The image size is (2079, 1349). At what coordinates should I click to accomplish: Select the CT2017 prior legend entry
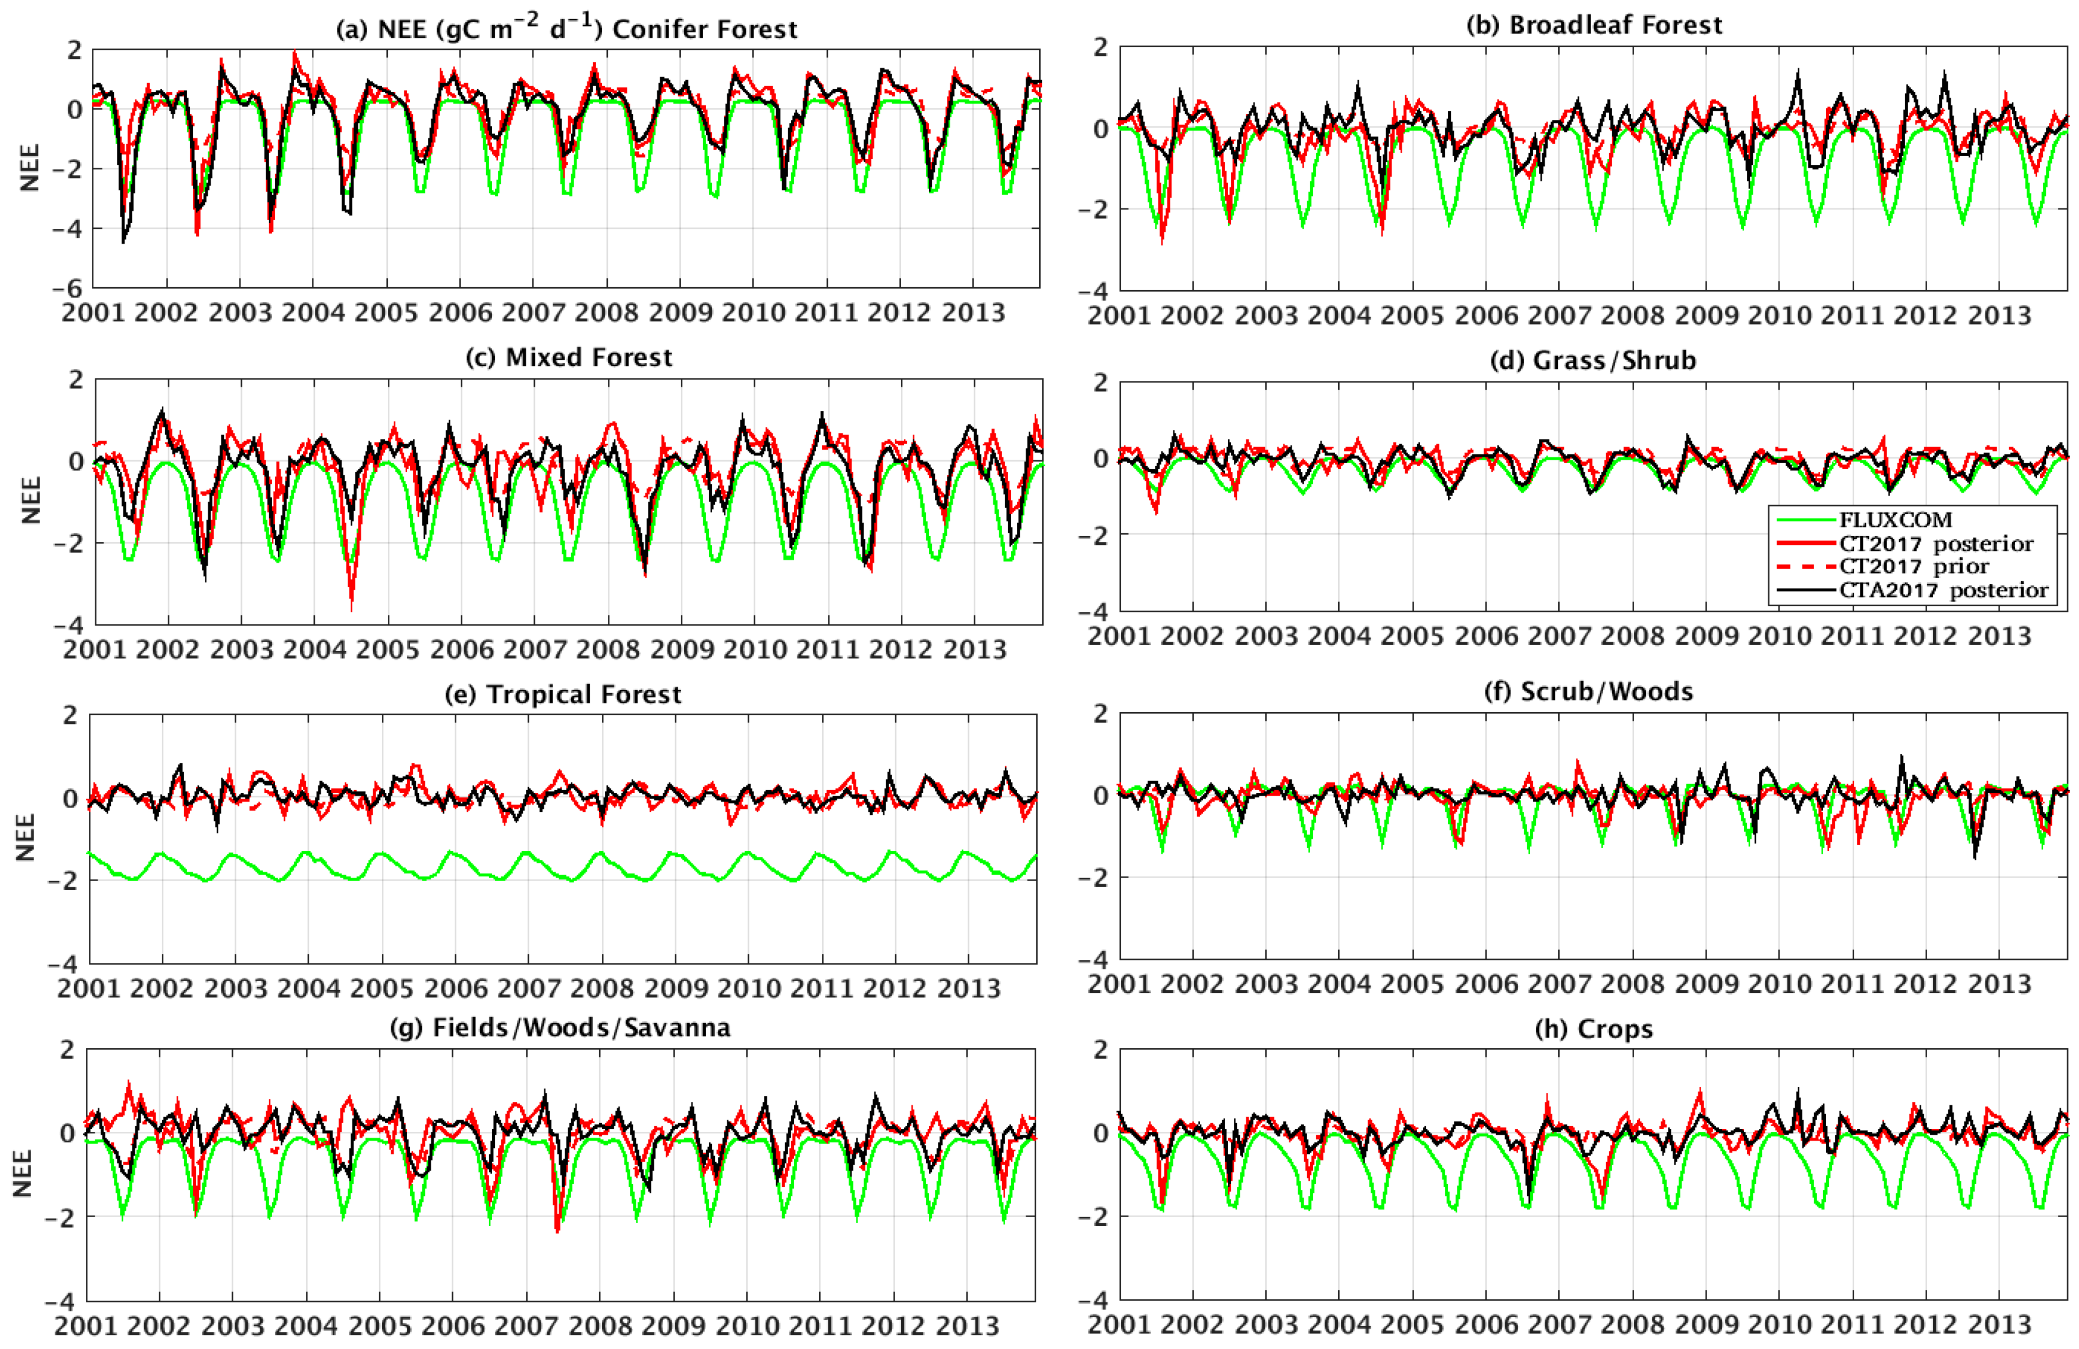(x=1913, y=566)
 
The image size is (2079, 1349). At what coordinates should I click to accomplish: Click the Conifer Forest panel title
(x=566, y=29)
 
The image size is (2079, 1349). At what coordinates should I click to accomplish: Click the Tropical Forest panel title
(x=563, y=694)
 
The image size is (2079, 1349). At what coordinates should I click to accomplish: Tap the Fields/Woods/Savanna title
(x=560, y=1028)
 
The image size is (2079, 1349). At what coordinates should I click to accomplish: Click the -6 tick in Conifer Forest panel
(x=72, y=288)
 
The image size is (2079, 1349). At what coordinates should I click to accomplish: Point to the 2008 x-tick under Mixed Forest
(x=608, y=649)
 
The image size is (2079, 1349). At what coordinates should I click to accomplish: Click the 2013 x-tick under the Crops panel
(x=2000, y=1324)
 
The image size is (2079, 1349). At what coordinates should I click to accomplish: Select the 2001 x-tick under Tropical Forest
(x=88, y=988)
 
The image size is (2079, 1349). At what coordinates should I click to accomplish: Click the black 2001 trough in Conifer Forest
(x=123, y=242)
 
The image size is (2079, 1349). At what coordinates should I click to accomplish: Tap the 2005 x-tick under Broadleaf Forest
(x=1412, y=315)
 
